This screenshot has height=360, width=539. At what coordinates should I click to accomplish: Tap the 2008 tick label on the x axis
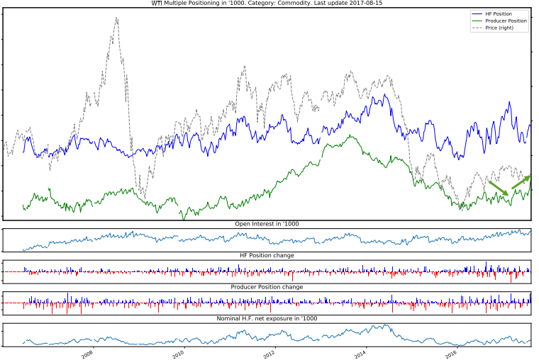pyautogui.click(x=87, y=353)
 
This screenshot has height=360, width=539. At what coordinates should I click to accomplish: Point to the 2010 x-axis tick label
pyautogui.click(x=178, y=353)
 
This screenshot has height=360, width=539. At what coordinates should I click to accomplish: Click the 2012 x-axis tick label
pyautogui.click(x=269, y=353)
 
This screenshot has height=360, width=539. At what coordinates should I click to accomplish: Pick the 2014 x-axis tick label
pyautogui.click(x=361, y=353)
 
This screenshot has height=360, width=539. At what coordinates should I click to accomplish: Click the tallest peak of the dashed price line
pyautogui.click(x=116, y=18)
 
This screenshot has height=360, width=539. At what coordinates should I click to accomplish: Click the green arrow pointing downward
pyautogui.click(x=499, y=188)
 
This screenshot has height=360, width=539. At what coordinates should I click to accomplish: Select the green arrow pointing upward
pyautogui.click(x=521, y=182)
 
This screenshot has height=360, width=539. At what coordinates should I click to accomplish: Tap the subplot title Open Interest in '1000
pyautogui.click(x=267, y=224)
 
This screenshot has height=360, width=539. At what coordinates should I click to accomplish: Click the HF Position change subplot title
pyautogui.click(x=267, y=255)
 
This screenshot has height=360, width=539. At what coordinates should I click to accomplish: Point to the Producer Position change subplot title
pyautogui.click(x=267, y=287)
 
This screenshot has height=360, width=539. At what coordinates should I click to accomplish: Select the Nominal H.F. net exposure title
pyautogui.click(x=267, y=318)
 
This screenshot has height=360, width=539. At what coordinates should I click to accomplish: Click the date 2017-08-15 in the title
pyautogui.click(x=367, y=4)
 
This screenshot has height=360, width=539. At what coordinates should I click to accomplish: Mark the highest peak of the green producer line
pyautogui.click(x=350, y=135)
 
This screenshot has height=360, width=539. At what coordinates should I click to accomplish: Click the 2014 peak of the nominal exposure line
pyautogui.click(x=384, y=325)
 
